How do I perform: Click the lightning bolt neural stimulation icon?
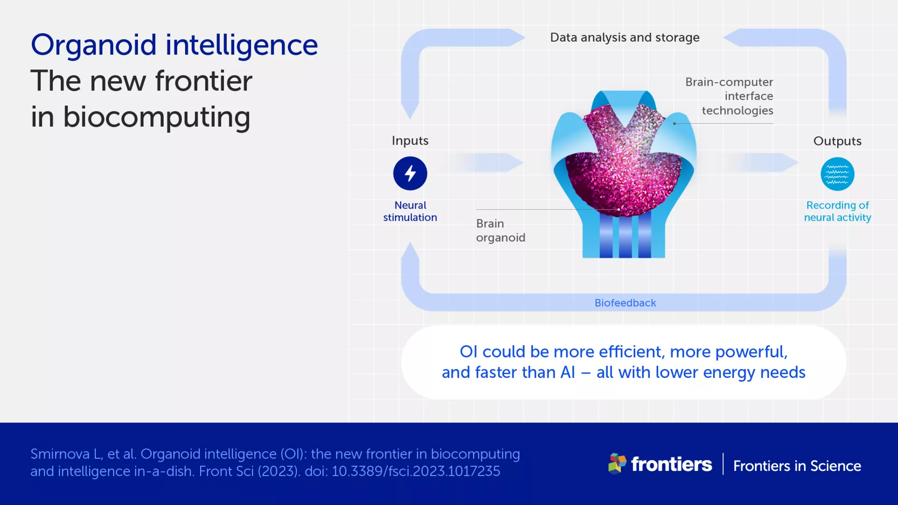tap(410, 173)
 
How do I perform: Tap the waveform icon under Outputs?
tap(837, 174)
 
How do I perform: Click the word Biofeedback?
tap(625, 303)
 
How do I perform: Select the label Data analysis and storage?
tap(624, 37)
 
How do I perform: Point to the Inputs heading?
tap(410, 141)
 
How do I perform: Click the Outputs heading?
tap(837, 141)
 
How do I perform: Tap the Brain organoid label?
tap(500, 231)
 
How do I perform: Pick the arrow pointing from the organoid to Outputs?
tap(762, 163)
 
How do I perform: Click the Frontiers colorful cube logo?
tap(617, 463)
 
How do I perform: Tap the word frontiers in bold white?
tap(671, 464)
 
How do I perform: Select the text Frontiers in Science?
tap(797, 466)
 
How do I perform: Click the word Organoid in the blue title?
tap(94, 45)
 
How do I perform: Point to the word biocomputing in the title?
tap(157, 117)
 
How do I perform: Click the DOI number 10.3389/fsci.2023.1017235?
tap(416, 471)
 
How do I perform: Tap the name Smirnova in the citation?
tap(60, 454)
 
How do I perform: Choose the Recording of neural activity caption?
tap(837, 211)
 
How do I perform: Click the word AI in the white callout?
tap(567, 373)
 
